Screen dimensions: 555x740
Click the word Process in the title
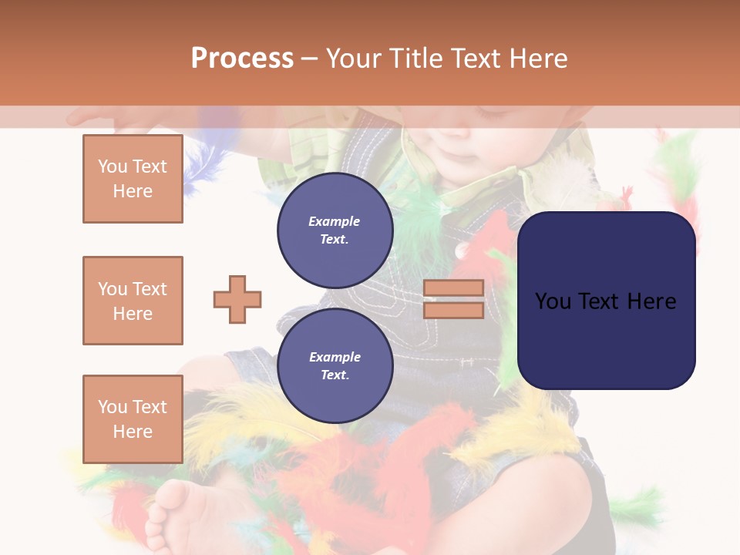click(242, 58)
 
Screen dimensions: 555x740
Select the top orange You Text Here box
click(133, 179)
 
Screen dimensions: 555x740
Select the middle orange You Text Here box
click(133, 301)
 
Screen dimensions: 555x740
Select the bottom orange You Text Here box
click(133, 419)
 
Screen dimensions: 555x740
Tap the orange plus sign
click(237, 299)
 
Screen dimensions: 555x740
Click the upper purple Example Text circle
click(335, 230)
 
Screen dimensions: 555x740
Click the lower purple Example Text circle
click(335, 366)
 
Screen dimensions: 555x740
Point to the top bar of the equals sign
click(453, 288)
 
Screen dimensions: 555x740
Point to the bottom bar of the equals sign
click(453, 310)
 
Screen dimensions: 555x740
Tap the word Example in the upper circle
click(335, 221)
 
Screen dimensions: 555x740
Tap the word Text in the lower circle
click(335, 375)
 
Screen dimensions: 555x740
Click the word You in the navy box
click(553, 301)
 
